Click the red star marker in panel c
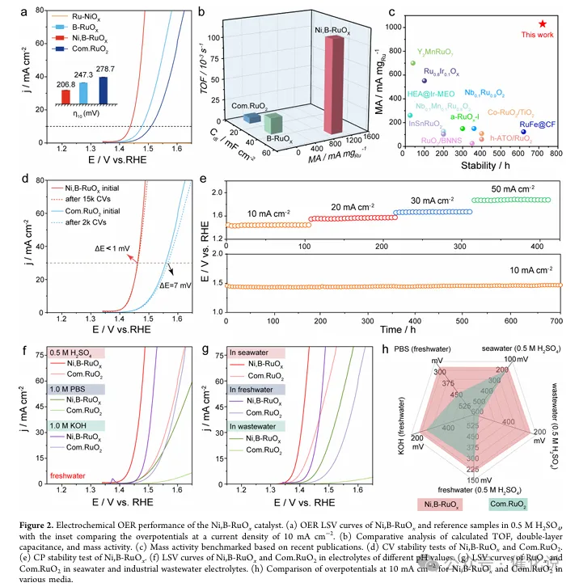click(x=543, y=24)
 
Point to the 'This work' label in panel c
click(x=539, y=35)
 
